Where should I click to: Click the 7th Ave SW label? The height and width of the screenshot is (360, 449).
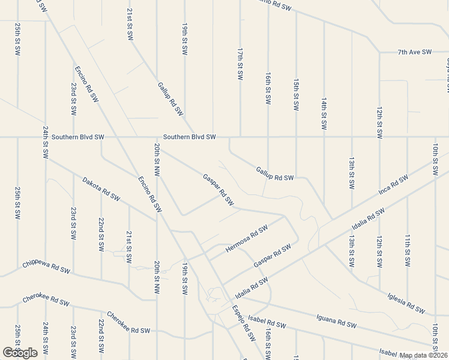click(415, 52)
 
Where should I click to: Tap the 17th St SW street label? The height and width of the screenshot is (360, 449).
click(240, 65)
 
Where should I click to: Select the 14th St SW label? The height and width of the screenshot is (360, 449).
click(324, 114)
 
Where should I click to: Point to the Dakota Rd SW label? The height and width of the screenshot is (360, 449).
click(101, 188)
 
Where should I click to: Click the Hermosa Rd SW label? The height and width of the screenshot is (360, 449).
click(246, 239)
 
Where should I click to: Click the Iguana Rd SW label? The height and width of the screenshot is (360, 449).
click(336, 321)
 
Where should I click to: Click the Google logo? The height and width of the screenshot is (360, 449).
click(20, 352)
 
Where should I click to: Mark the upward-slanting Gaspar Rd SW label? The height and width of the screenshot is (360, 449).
click(272, 256)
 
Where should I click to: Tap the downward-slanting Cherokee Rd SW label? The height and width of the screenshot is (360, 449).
click(127, 323)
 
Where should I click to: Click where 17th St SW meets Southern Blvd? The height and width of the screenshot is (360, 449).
click(240, 137)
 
